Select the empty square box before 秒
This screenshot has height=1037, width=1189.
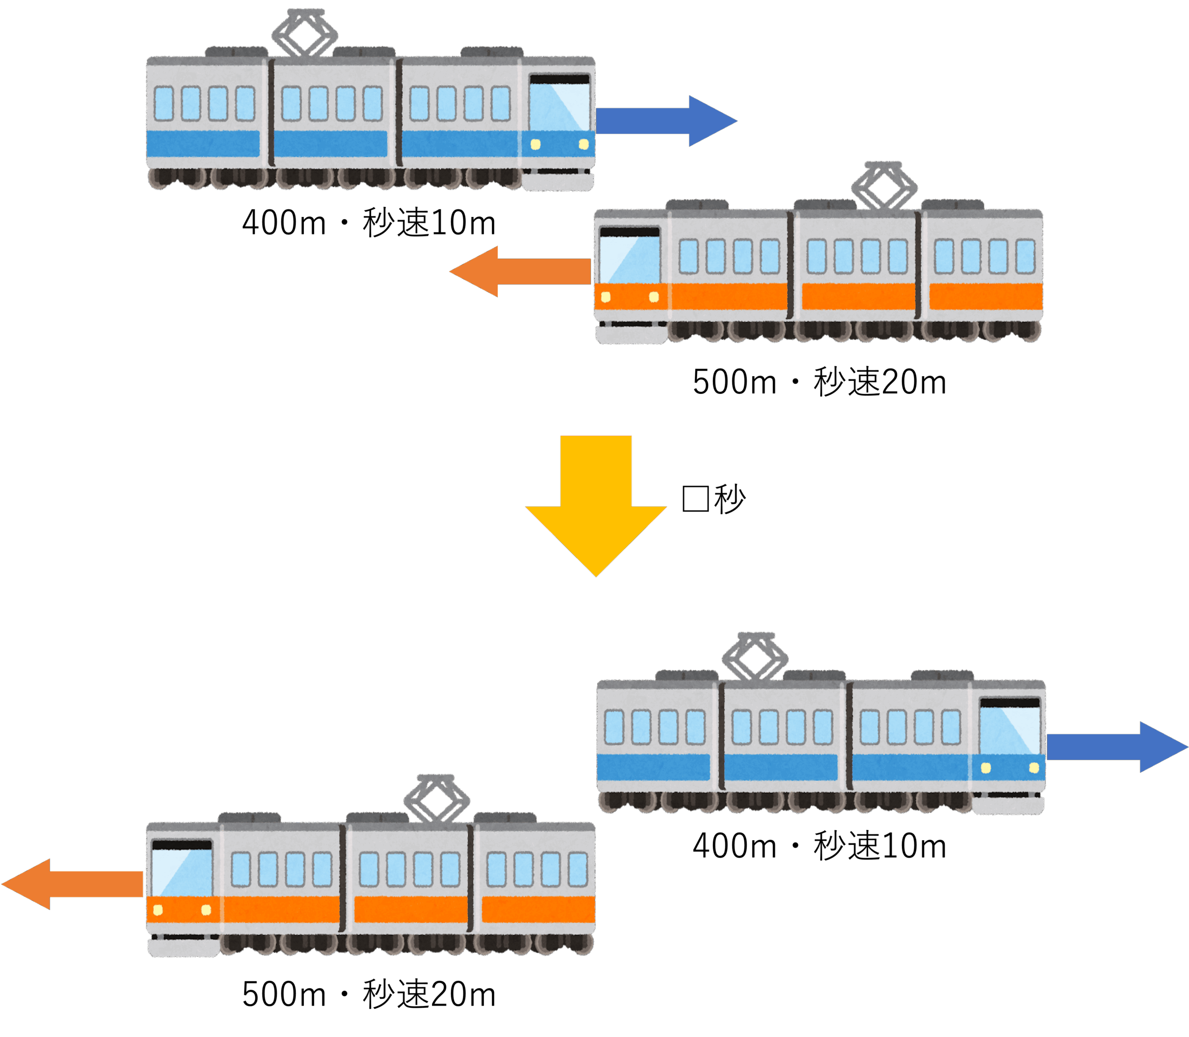(x=695, y=499)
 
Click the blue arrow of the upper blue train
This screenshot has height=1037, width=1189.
(x=666, y=121)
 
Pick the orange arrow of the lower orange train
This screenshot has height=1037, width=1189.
(x=72, y=884)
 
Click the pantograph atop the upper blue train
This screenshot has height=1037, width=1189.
(x=305, y=33)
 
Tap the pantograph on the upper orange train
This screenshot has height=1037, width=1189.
(x=884, y=185)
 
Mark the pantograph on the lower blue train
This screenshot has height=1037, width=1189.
(x=755, y=656)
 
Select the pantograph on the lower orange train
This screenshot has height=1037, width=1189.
(x=437, y=798)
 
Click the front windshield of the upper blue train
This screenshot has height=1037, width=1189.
(x=559, y=108)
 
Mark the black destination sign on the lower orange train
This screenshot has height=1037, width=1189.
(x=182, y=844)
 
